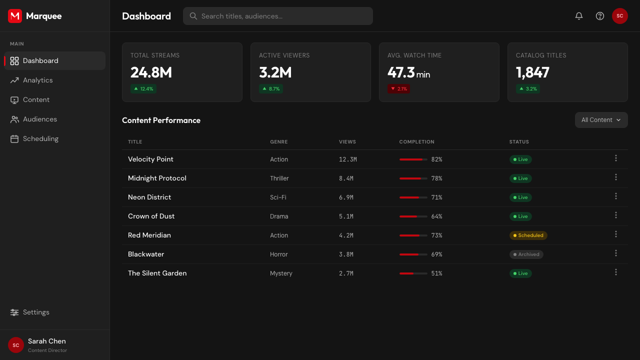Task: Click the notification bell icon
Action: tap(579, 16)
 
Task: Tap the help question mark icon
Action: tap(599, 16)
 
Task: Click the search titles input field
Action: tap(277, 16)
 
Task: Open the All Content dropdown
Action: tap(601, 120)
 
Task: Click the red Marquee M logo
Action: tap(15, 16)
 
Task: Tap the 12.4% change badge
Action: tap(143, 89)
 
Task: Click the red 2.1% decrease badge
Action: tap(398, 89)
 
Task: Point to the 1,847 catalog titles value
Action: tap(532, 72)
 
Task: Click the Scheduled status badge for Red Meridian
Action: tap(528, 235)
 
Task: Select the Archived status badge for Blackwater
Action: tap(526, 254)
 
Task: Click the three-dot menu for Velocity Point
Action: tap(616, 158)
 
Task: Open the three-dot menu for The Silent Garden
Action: tap(616, 272)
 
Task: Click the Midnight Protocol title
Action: tap(157, 178)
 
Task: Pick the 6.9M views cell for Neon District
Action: tap(346, 197)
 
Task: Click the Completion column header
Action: tap(416, 141)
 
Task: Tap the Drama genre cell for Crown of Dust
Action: tap(279, 216)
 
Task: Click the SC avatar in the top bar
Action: tap(619, 16)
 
